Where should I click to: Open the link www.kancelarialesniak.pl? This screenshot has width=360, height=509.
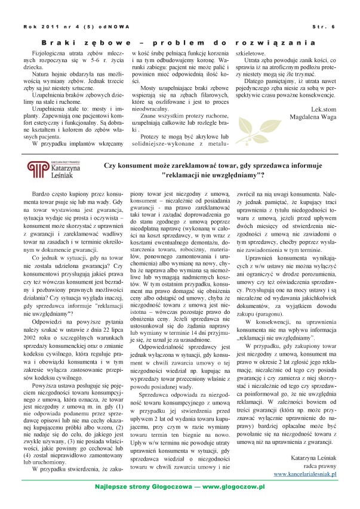click(306, 473)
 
